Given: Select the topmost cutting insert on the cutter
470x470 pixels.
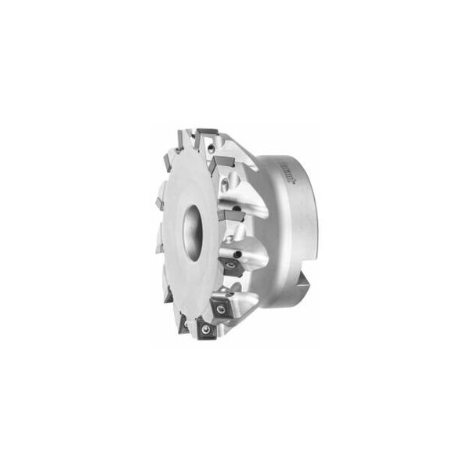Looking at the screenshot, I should [207, 132].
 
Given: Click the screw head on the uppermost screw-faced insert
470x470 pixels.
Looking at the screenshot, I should [233, 266].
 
